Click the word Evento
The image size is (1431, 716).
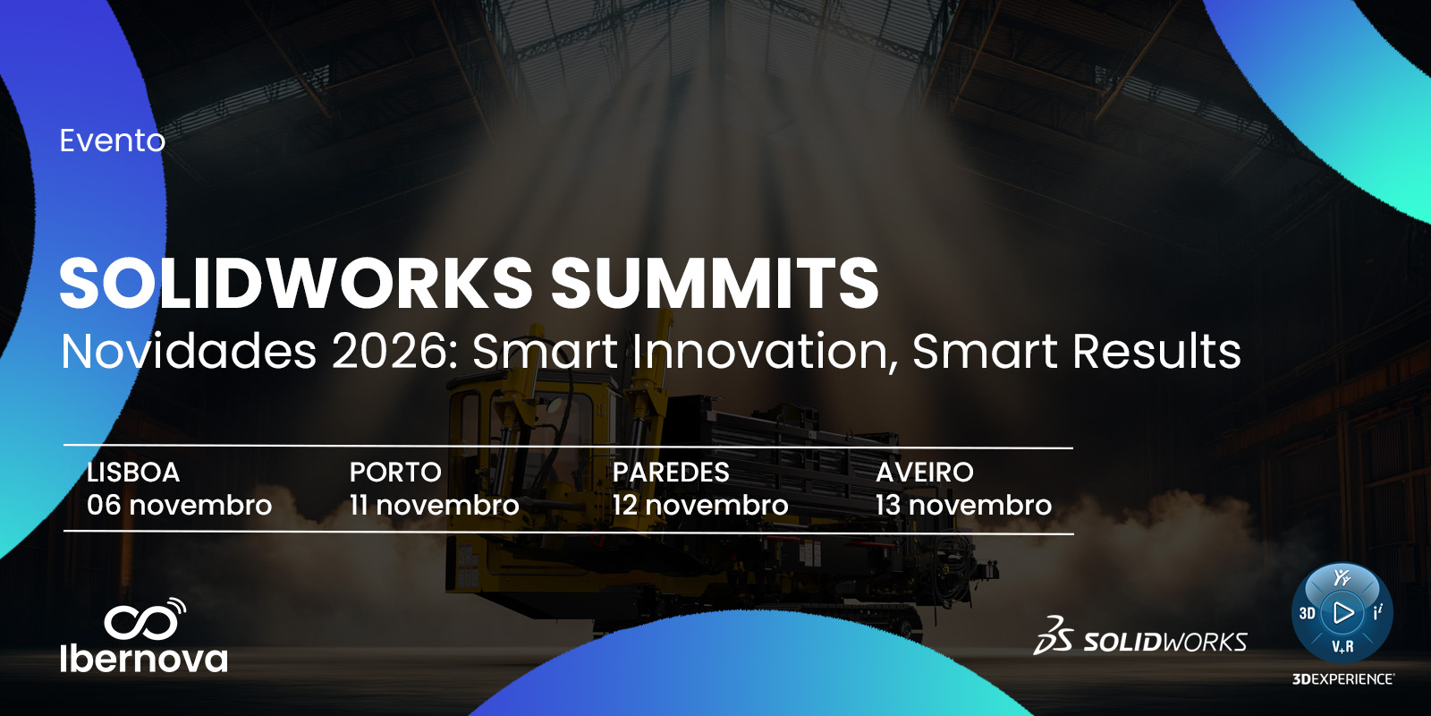pos(113,141)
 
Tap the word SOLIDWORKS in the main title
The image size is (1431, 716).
pos(296,283)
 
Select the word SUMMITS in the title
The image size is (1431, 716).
pos(715,283)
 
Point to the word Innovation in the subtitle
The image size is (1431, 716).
pos(766,351)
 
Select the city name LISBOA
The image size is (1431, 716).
pos(133,473)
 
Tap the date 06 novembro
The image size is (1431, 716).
pos(180,506)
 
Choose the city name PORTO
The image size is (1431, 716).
pos(395,473)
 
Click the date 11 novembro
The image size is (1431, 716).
pos(435,506)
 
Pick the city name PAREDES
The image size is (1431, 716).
pos(671,473)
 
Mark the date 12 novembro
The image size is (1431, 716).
pos(700,506)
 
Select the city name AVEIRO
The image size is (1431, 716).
pos(925,473)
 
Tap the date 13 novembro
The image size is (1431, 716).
pos(963,506)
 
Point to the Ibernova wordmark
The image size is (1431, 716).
pos(144,659)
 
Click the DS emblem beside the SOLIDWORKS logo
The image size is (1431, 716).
pos(1054,636)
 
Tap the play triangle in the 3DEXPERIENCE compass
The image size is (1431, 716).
pos(1342,613)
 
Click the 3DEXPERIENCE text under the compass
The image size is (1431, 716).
pos(1343,679)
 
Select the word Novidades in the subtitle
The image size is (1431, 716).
pos(189,351)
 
